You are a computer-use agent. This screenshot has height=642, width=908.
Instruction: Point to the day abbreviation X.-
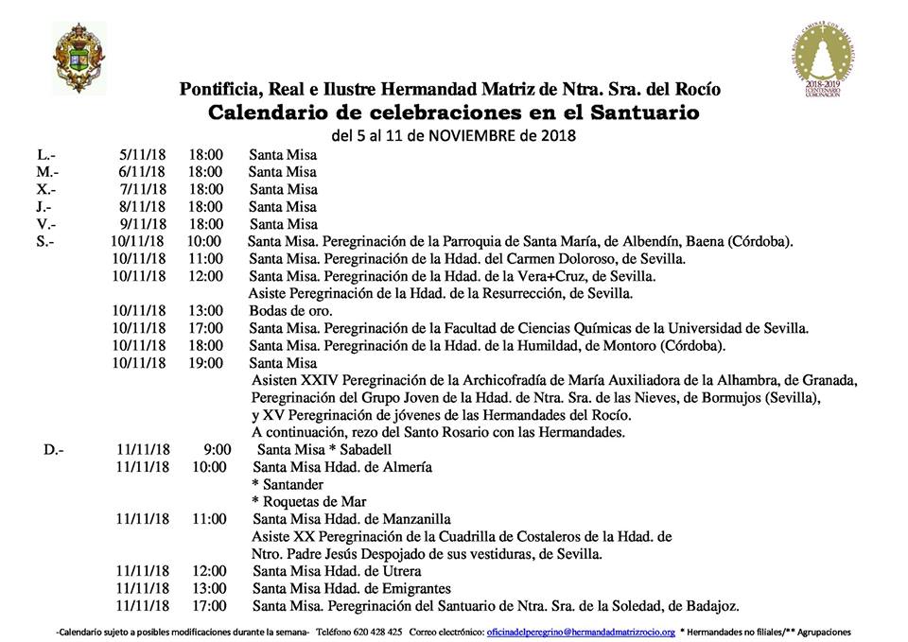pos(47,189)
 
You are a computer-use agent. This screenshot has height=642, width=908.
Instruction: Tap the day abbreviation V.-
pos(46,224)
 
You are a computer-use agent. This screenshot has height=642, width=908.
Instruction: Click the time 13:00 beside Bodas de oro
pos(205,310)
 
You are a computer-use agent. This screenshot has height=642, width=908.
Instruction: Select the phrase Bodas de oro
pos(277,310)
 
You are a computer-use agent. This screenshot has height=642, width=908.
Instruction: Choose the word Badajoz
pos(709,605)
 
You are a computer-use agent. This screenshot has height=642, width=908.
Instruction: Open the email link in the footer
pos(580,632)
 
